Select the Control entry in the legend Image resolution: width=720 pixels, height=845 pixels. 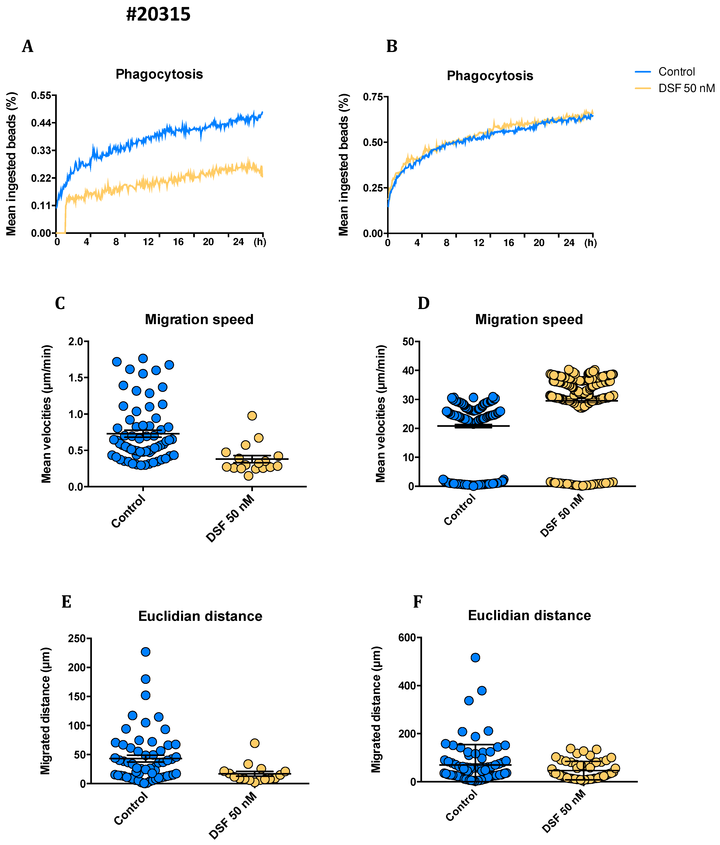point(676,72)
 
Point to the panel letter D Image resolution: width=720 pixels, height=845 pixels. point(424,303)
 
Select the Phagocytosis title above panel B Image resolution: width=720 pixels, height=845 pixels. point(490,76)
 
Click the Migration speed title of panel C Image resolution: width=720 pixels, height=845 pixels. point(199,319)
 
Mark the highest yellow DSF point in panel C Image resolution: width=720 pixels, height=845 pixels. point(252,416)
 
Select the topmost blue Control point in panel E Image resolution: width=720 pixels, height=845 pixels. point(146,652)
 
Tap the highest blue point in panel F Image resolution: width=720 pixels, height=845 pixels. point(475,657)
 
